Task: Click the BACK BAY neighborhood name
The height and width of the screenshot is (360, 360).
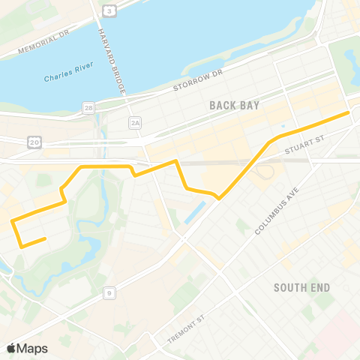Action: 235,106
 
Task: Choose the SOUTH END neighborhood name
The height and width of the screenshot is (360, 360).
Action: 302,288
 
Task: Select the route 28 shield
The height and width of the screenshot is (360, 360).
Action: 90,109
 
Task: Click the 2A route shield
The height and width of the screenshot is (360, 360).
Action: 135,121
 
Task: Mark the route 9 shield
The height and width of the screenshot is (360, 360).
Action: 109,293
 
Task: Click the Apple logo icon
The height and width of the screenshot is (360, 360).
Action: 11,348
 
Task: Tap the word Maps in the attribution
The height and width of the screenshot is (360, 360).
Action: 33,348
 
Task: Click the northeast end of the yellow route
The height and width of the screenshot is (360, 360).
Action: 349,112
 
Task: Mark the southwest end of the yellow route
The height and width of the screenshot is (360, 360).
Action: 45,238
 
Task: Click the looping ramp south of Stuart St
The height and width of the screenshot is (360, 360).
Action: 264,172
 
